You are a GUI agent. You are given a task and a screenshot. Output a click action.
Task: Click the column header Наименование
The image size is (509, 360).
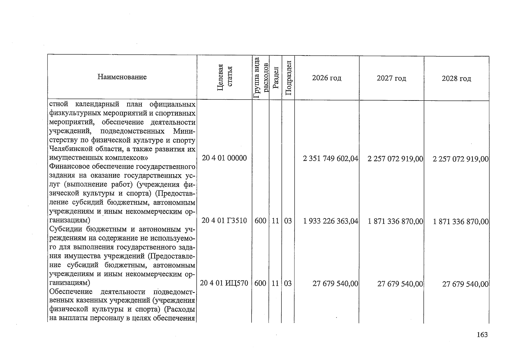122,77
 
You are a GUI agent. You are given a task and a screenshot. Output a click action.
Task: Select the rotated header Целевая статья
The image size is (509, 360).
224,77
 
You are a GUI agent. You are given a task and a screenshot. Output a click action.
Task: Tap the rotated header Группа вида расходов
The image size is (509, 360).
261,77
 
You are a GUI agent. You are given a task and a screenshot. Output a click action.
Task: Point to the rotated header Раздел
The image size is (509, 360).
276,78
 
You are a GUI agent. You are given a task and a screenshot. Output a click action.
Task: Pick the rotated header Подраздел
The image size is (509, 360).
288,78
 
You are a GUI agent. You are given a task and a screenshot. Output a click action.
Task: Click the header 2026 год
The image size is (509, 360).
327,78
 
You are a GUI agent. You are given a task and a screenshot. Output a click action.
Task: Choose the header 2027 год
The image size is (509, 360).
391,79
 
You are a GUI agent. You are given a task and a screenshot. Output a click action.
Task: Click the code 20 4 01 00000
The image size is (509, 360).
224,158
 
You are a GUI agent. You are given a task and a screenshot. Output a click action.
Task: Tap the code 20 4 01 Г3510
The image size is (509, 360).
224,221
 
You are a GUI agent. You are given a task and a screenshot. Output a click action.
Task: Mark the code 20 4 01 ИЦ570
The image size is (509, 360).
224,283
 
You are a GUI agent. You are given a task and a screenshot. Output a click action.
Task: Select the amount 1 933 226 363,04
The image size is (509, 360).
330,221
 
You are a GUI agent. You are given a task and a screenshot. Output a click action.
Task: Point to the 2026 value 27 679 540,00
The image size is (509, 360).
335,284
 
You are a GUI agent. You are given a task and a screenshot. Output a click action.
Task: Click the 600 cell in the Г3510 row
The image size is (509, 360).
260,221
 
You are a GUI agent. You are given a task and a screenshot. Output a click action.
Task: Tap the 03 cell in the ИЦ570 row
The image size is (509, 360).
288,283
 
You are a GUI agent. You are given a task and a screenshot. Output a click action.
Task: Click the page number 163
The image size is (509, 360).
482,335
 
